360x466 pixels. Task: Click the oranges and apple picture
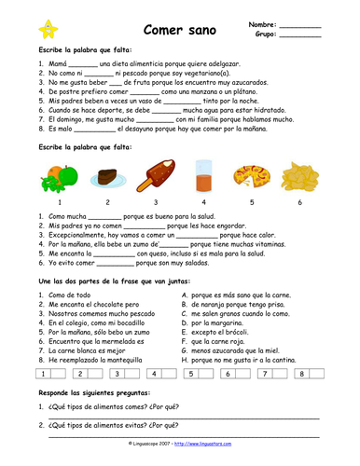click(57, 176)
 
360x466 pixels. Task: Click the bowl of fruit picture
click(249, 177)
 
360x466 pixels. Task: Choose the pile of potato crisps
click(298, 177)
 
